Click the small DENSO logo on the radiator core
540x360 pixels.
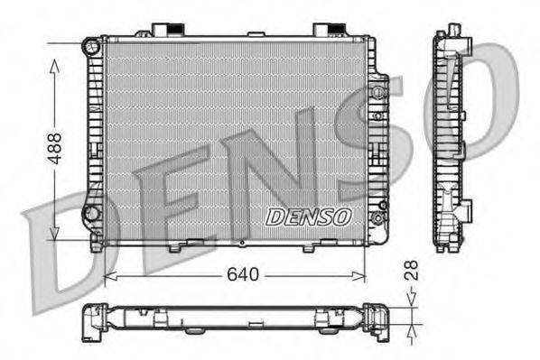coord(309,216)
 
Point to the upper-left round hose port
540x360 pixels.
coord(91,45)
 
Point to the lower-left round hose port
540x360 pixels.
coord(91,213)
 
